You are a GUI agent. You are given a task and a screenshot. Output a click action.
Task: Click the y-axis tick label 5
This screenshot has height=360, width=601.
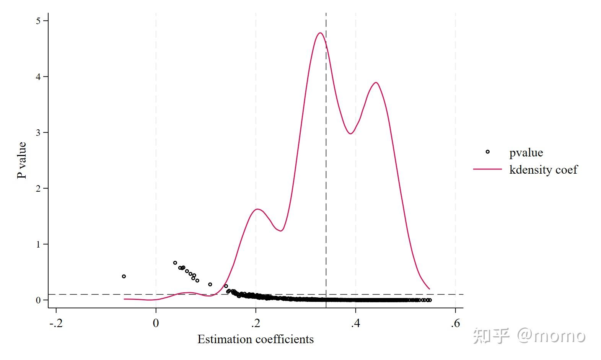pos(38,21)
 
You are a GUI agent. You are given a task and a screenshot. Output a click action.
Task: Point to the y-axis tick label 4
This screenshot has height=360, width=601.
pos(38,77)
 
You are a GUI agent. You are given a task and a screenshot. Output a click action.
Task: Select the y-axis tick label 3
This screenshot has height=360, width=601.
pos(38,132)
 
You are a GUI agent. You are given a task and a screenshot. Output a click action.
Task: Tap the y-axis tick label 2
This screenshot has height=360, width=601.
pos(38,188)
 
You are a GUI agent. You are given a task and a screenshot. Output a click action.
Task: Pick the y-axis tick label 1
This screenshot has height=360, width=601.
pos(38,244)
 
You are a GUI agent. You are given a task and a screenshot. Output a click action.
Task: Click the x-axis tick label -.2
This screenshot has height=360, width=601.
pos(56,323)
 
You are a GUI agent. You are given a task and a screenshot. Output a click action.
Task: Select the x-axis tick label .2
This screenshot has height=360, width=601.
pos(256,323)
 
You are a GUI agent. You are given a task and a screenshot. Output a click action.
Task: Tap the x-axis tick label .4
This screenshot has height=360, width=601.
pos(355,323)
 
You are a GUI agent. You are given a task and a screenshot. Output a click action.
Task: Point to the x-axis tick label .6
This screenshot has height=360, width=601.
pos(455,323)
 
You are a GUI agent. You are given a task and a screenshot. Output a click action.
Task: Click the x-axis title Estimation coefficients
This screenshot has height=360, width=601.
pos(255,339)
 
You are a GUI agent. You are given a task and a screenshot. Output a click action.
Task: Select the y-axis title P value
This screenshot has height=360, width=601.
pos(22,160)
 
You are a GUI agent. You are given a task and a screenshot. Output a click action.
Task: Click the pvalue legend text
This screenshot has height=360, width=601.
pos(526,153)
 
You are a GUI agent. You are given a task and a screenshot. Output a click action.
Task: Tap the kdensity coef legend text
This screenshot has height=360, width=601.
pos(543,169)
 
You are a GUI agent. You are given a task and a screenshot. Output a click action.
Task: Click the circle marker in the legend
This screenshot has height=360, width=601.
pos(487,152)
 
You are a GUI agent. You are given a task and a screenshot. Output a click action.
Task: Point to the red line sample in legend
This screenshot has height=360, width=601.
pos(487,169)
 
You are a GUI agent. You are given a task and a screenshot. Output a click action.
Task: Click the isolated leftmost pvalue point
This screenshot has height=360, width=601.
pos(124,276)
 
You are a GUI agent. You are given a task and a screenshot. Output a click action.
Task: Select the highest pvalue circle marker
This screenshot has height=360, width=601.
pos(175,263)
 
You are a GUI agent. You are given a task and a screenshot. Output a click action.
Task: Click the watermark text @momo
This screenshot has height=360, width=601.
pos(551,336)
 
